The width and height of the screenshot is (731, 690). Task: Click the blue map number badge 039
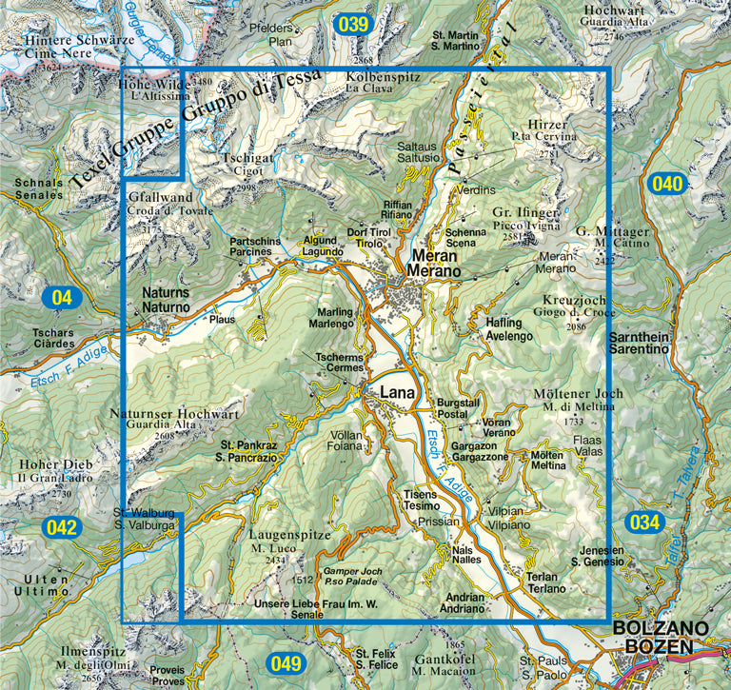coord(352,25)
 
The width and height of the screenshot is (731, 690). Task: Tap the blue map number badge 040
coord(667,184)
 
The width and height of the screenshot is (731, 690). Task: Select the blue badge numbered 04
coord(62,298)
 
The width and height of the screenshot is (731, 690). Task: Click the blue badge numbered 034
coord(644,522)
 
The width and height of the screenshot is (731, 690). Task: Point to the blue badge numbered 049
coord(285,663)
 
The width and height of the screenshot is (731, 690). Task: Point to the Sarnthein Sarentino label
coord(639,345)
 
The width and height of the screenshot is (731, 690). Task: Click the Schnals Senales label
coord(39,189)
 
